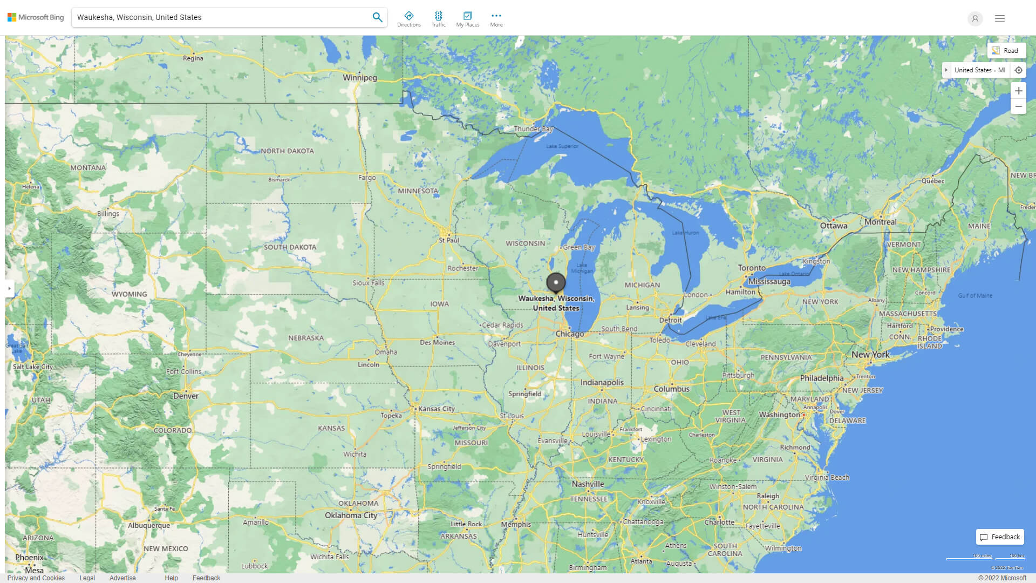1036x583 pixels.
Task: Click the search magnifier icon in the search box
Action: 377,17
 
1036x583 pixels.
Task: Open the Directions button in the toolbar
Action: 409,18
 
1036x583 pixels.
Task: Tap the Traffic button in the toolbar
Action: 439,18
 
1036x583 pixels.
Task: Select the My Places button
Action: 467,18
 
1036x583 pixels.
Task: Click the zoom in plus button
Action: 1018,91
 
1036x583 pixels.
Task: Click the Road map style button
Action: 1005,51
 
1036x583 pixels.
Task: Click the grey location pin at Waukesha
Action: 556,282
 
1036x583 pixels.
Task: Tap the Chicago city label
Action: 570,334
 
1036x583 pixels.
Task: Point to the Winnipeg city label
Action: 360,78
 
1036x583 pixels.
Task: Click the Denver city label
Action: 186,396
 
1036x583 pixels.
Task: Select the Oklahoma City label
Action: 351,516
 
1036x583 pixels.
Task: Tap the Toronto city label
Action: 752,268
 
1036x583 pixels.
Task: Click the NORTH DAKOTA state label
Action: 287,151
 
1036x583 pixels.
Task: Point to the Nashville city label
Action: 588,484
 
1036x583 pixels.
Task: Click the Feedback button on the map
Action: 1000,537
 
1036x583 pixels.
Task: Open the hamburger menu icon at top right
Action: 1000,18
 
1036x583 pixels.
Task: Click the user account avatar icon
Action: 975,18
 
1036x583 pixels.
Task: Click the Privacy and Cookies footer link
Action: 36,578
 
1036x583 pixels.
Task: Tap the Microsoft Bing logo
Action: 36,17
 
